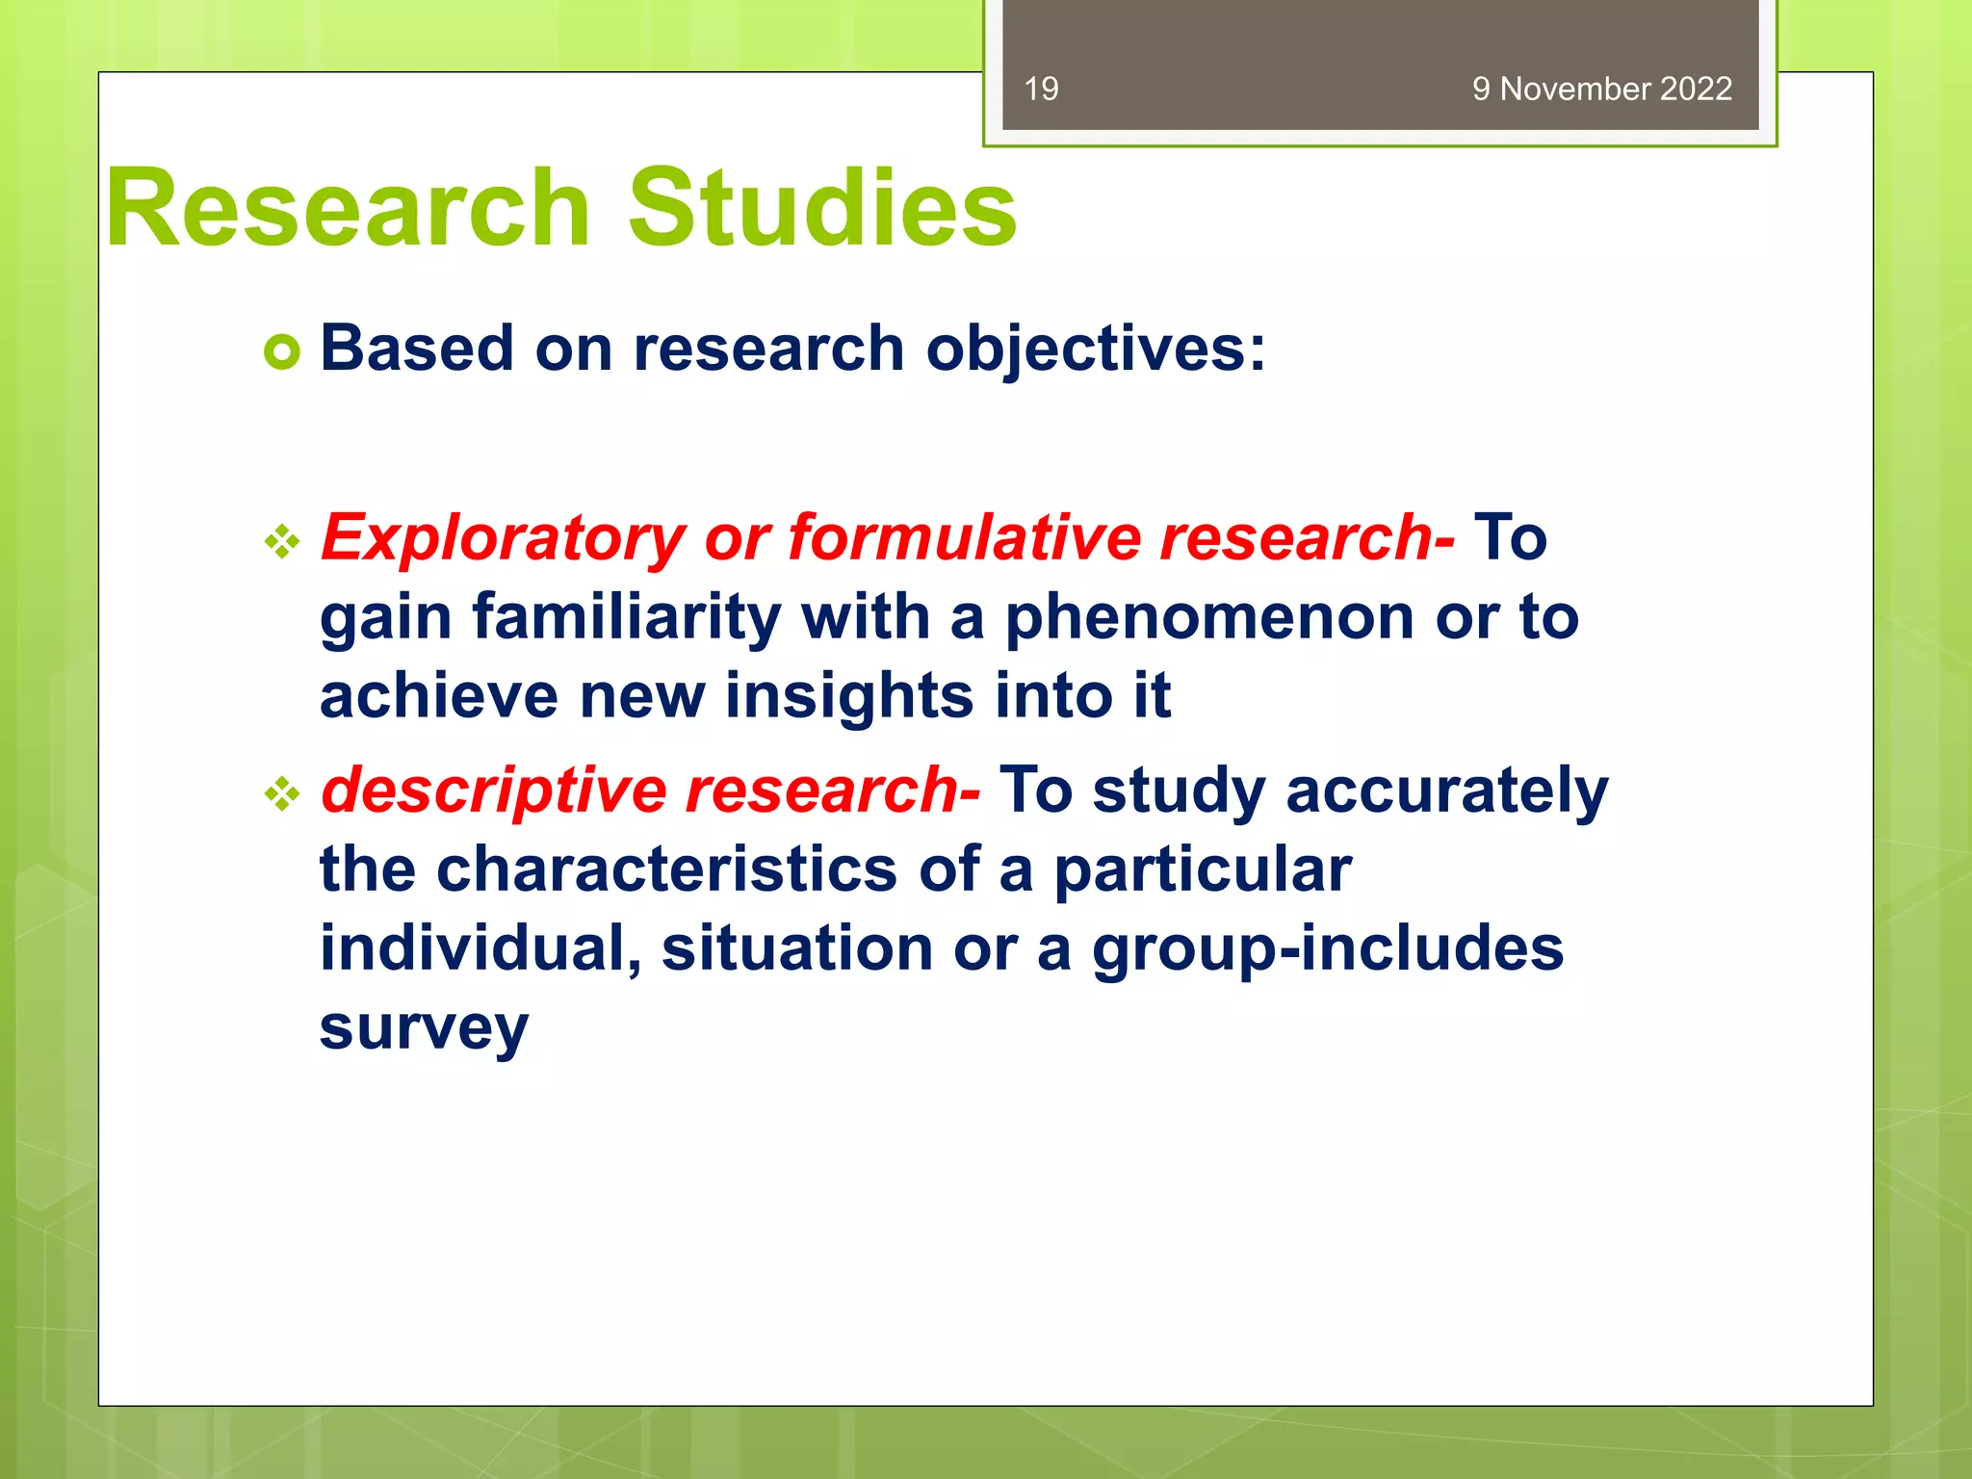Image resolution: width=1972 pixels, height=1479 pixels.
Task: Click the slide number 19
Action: [1041, 89]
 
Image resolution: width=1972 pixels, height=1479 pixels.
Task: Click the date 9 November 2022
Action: [1601, 89]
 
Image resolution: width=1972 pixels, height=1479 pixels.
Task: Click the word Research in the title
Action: [348, 208]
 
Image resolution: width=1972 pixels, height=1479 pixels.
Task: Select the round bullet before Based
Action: [282, 352]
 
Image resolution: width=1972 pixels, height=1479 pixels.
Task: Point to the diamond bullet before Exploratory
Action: [282, 542]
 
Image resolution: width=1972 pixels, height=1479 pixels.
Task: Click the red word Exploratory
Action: [502, 537]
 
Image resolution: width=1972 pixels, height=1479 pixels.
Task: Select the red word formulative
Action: [964, 537]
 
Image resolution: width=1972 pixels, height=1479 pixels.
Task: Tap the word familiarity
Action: [626, 616]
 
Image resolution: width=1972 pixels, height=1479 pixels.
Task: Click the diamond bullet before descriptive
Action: [282, 794]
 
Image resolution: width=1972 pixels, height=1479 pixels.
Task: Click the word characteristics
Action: [666, 869]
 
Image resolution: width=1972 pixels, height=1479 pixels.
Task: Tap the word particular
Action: [1203, 869]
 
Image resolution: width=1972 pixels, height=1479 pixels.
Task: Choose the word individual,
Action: [480, 948]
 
